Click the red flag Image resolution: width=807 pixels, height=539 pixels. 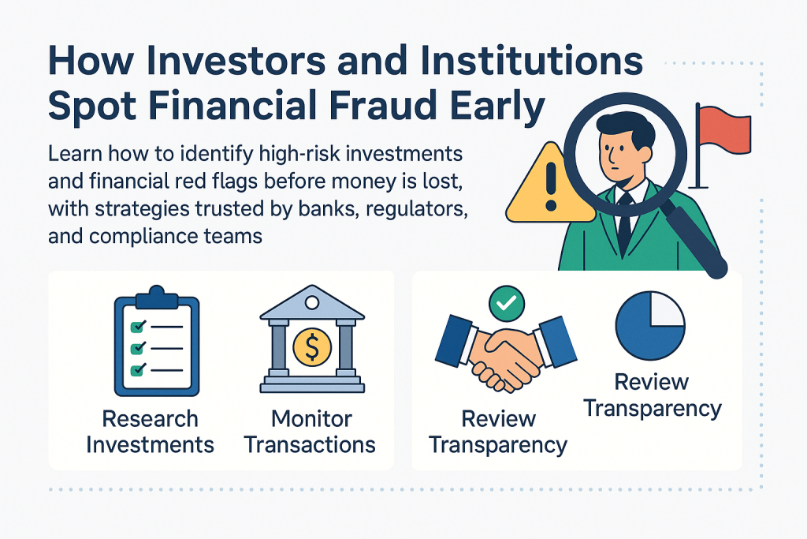pos(723,130)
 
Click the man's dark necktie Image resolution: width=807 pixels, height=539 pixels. pos(625,223)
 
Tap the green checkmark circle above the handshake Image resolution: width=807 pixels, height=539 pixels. pos(507,304)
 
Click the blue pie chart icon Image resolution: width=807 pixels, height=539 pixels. pos(650,326)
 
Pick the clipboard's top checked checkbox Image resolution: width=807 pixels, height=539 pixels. pos(138,326)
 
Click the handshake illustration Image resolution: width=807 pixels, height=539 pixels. pos(506,353)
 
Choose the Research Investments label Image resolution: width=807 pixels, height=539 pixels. pos(150,432)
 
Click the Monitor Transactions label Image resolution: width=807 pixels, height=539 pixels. pos(310,432)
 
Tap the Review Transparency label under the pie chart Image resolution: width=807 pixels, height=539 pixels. pos(652,395)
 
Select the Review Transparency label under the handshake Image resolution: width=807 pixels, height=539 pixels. pos(498,432)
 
